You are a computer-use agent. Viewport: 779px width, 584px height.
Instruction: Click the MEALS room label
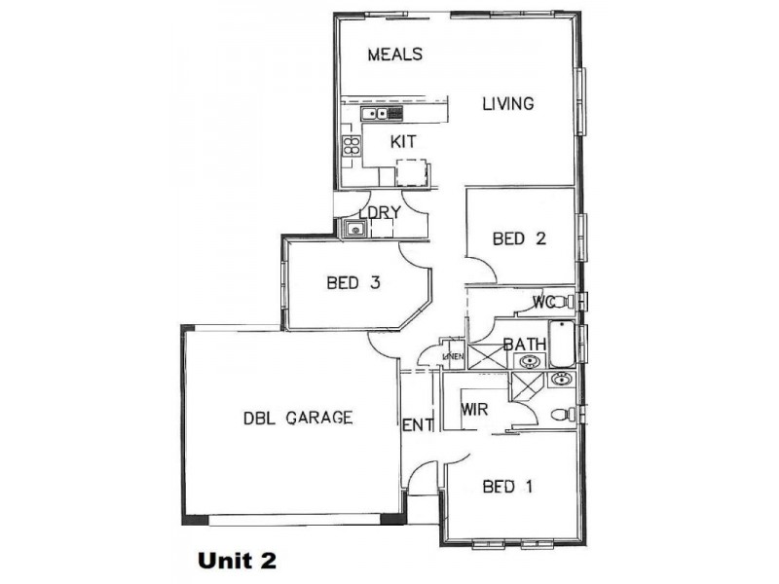click(395, 55)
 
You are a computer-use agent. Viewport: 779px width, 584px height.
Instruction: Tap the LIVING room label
click(509, 103)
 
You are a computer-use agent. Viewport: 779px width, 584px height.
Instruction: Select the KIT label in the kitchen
click(403, 142)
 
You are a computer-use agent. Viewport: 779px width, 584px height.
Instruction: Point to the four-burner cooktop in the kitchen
click(351, 147)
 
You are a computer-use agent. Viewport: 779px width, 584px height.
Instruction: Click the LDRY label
click(380, 213)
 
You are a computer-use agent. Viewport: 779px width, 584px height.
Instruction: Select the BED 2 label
click(518, 238)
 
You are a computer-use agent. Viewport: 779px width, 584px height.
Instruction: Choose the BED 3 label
click(352, 283)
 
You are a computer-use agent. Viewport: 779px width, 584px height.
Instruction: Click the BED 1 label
click(508, 487)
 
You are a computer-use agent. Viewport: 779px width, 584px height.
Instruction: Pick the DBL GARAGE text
click(297, 419)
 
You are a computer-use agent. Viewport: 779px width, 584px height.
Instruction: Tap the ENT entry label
click(417, 425)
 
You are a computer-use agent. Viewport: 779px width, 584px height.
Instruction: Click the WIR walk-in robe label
click(473, 409)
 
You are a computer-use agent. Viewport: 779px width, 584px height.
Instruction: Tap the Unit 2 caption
click(238, 561)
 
